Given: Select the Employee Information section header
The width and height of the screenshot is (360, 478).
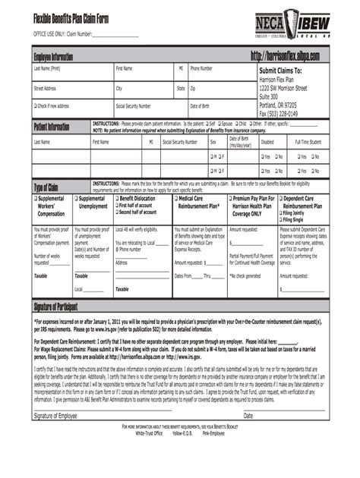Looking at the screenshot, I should [x=52, y=57].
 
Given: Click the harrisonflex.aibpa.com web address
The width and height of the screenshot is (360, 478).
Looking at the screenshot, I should [x=284, y=57].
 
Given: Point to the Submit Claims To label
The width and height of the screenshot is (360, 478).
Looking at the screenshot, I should [x=281, y=71].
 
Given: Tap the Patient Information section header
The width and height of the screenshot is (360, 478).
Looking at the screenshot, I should [x=52, y=127].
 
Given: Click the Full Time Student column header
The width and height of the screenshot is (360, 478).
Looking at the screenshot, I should [x=308, y=142].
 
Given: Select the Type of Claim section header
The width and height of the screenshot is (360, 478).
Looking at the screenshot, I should [x=46, y=187].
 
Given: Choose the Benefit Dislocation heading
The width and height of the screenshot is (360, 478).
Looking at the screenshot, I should [x=137, y=198].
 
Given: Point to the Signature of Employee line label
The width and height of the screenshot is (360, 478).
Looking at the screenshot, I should [x=55, y=416].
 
